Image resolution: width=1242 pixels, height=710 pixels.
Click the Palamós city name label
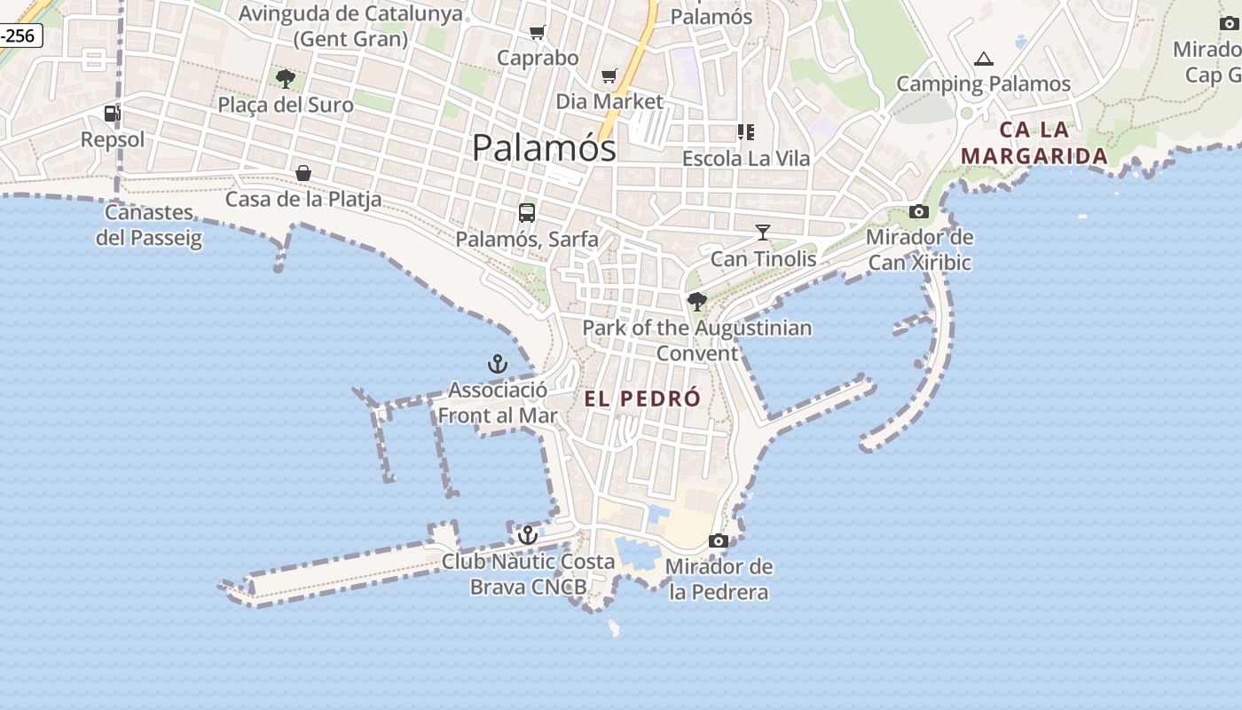tap(543, 147)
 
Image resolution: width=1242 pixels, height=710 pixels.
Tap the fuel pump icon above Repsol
tap(112, 114)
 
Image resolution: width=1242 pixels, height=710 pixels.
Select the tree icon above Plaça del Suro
tap(285, 79)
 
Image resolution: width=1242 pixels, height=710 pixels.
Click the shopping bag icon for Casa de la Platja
tap(303, 172)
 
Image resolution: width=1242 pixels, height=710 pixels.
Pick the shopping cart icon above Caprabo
tap(537, 33)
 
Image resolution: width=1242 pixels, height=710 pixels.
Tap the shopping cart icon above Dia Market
tap(609, 76)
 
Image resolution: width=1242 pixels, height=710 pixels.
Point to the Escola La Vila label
tap(745, 159)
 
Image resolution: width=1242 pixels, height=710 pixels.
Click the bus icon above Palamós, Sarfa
tap(527, 213)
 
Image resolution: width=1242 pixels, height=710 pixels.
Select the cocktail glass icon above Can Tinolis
tap(763, 233)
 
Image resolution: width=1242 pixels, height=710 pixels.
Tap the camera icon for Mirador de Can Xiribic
tap(919, 211)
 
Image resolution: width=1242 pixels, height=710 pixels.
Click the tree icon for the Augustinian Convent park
tap(697, 302)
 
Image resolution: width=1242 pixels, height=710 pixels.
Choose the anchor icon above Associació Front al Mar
tap(497, 364)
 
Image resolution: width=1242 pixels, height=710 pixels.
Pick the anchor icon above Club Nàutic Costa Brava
tap(528, 535)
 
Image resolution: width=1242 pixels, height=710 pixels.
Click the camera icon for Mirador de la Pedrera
tap(719, 540)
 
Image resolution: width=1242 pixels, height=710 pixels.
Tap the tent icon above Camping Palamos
tap(983, 59)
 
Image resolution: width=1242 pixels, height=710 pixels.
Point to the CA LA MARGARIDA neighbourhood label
tap(1034, 143)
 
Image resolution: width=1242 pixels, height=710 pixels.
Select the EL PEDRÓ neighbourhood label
tap(642, 399)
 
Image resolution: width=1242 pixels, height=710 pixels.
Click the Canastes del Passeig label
tap(149, 225)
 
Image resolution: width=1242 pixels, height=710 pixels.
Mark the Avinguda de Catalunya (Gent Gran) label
tap(350, 26)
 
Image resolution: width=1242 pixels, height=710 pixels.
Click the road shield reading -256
tap(20, 35)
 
